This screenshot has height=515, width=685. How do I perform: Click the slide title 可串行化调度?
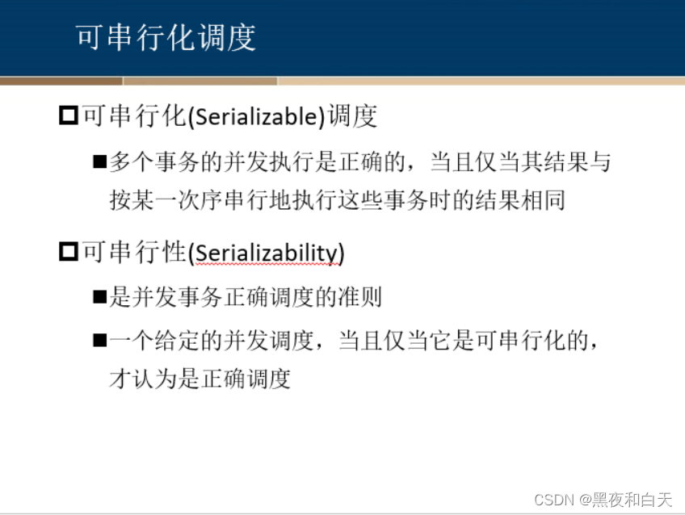pos(166,38)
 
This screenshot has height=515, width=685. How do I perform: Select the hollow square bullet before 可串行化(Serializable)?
pos(68,116)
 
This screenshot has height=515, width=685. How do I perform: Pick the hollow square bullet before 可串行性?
pos(68,253)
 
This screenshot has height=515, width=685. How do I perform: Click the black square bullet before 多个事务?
pos(100,162)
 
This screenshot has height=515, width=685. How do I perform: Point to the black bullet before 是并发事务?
pos(100,298)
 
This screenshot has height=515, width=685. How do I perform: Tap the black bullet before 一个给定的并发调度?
pos(100,341)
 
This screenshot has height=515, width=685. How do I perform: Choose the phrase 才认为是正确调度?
pos(200,379)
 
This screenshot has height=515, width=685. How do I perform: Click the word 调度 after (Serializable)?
pos(353,117)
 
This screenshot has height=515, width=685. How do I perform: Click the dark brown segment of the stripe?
pos(61,81)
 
